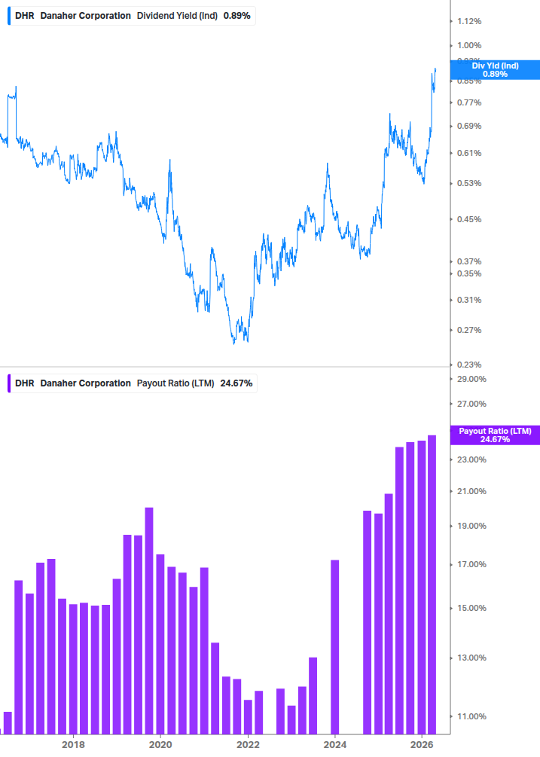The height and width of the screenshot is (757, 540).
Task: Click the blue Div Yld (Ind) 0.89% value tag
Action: tap(495, 70)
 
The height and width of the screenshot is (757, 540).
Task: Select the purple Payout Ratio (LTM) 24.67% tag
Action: tap(495, 435)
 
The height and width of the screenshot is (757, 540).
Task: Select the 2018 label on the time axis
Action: tap(73, 744)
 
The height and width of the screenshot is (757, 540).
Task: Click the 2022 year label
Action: tap(248, 744)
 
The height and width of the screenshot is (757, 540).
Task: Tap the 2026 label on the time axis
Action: tap(422, 744)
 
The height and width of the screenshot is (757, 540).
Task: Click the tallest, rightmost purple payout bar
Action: tap(432, 585)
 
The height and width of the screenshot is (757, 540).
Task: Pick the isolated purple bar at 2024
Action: tap(334, 646)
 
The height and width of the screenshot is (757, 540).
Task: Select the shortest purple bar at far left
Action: tap(8, 722)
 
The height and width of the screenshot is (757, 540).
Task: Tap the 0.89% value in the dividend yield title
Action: tap(236, 16)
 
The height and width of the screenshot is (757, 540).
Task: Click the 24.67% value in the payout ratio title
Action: tap(236, 383)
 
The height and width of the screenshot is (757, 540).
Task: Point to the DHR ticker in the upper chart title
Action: tap(25, 16)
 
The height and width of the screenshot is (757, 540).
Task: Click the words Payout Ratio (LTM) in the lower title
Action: tap(175, 383)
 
